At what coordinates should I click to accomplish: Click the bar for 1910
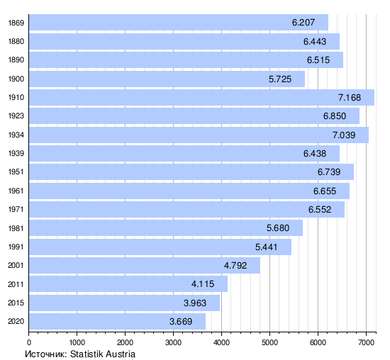pyautogui.click(x=201, y=98)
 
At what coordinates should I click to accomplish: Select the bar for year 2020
pyautogui.click(x=118, y=321)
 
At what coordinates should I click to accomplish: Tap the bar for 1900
pyautogui.click(x=167, y=79)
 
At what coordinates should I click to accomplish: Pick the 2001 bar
pyautogui.click(x=145, y=265)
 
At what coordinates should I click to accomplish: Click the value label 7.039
pyautogui.click(x=344, y=135)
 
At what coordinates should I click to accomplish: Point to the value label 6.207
pyautogui.click(x=303, y=23)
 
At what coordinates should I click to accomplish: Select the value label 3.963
pyautogui.click(x=195, y=303)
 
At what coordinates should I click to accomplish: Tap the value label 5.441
pyautogui.click(x=266, y=247)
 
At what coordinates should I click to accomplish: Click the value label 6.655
pyautogui.click(x=325, y=191)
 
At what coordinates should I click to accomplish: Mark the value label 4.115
pyautogui.click(x=203, y=284)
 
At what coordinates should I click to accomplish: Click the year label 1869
pyautogui.click(x=16, y=23)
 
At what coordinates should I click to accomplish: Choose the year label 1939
pyautogui.click(x=16, y=153)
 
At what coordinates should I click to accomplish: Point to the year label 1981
pyautogui.click(x=16, y=228)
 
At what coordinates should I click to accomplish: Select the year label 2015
pyautogui.click(x=16, y=303)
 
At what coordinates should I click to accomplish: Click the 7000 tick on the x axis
pyautogui.click(x=366, y=342)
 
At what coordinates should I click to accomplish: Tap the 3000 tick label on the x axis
pyautogui.click(x=173, y=342)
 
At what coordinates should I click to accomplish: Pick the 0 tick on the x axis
pyautogui.click(x=29, y=342)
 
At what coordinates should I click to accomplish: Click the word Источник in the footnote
pyautogui.click(x=46, y=354)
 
